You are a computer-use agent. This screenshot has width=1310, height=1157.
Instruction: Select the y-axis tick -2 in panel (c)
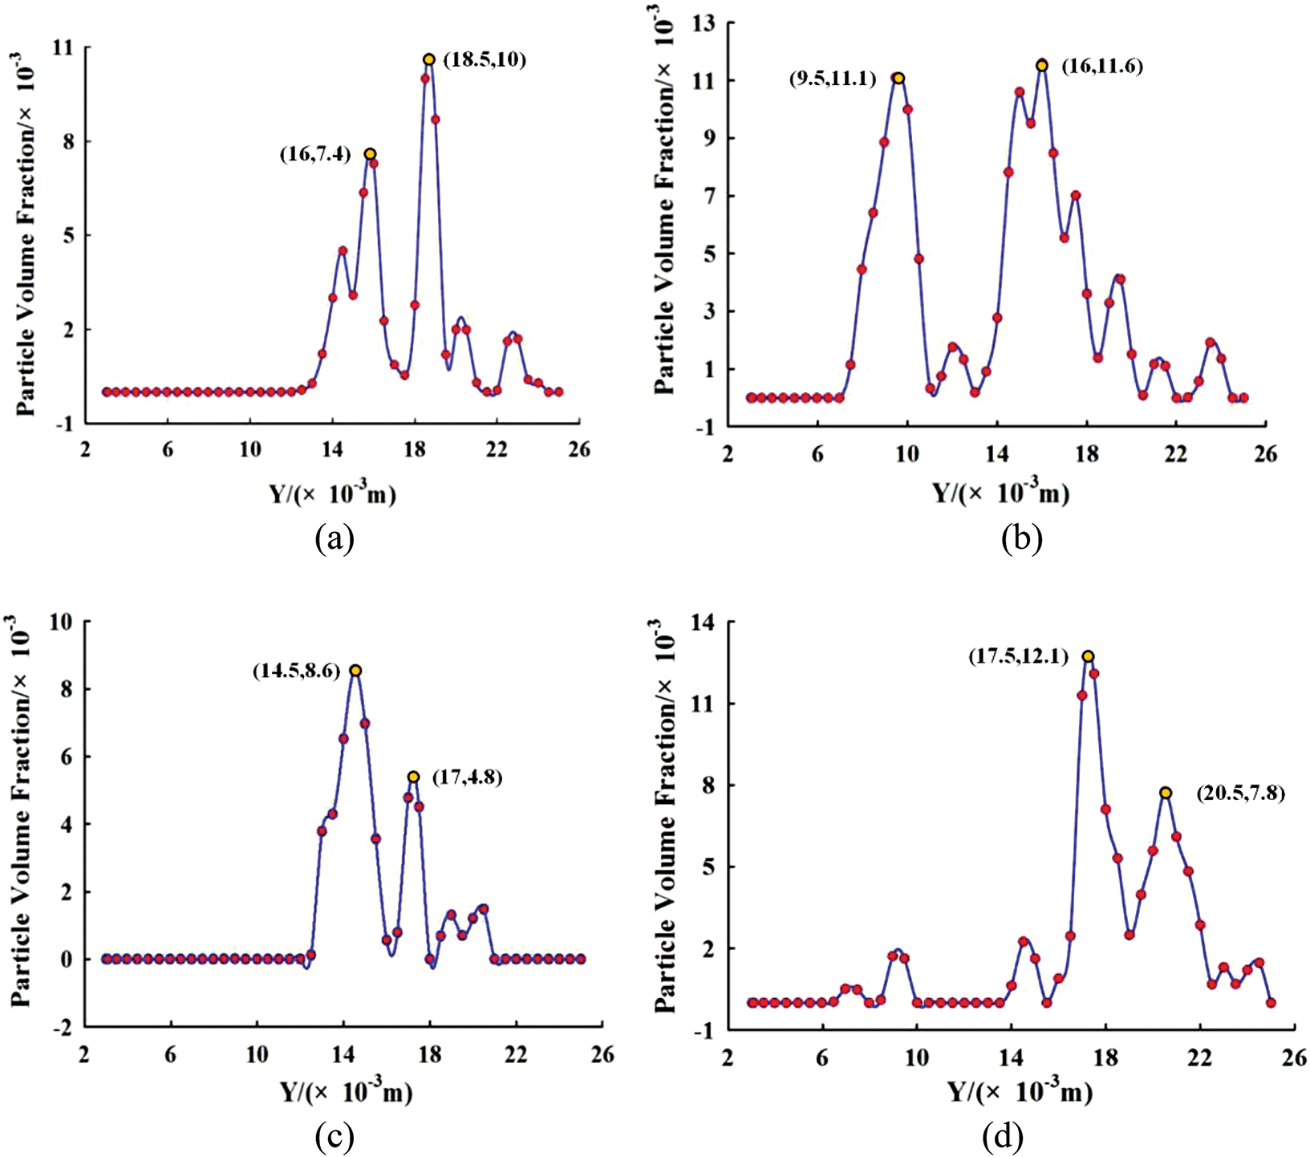pos(61,1027)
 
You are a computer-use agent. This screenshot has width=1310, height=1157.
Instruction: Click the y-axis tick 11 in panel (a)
pos(61,48)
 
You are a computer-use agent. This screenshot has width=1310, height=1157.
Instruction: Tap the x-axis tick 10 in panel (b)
pos(907,454)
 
